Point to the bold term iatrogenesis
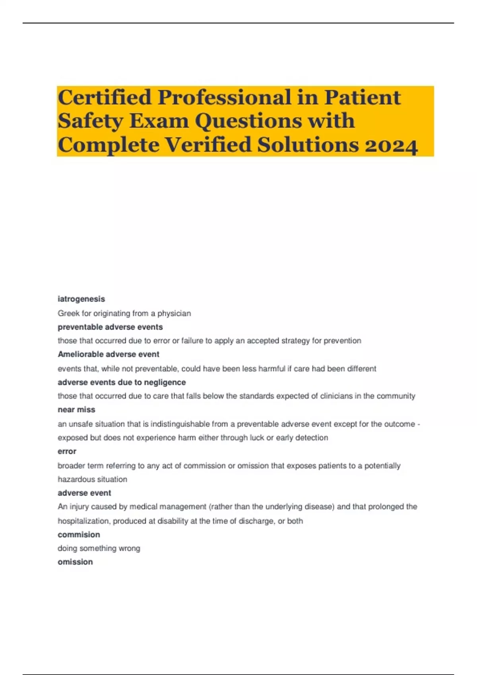coord(81,299)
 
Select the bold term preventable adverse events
coord(110,327)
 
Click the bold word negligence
coord(165,382)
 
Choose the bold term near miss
coord(76,409)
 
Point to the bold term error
coord(67,451)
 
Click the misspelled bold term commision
coord(79,534)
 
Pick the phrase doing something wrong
coord(99,548)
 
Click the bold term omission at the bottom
coord(75,562)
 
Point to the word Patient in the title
coord(362,98)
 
